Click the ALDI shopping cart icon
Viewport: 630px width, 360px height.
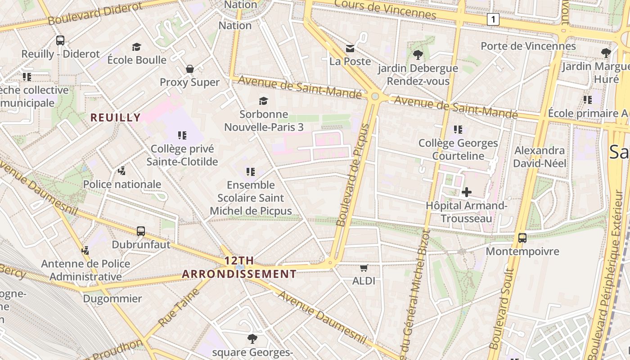364,268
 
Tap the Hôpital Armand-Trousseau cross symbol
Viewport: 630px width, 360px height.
467,192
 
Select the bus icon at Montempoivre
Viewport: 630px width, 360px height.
522,238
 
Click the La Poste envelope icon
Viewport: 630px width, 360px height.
350,48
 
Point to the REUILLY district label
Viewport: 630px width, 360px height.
116,118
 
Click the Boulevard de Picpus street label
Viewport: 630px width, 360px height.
353,175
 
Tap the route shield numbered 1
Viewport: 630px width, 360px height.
494,19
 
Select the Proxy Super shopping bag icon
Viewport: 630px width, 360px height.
190,69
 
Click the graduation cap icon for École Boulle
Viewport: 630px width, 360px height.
137,47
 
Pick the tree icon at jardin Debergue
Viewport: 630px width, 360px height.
418,55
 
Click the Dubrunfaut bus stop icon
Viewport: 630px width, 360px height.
141,231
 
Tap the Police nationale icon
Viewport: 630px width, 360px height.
121,171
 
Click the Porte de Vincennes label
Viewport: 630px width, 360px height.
528,46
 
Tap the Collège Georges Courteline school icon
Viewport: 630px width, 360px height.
458,130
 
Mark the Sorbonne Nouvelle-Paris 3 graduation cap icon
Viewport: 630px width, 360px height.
263,101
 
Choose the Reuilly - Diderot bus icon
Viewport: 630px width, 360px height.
60,40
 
